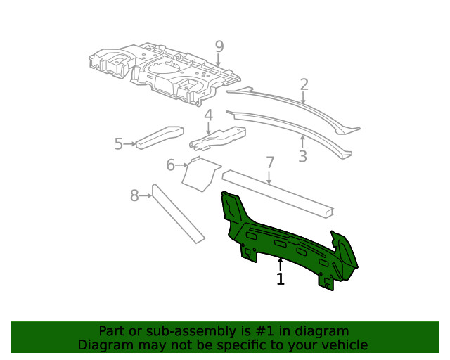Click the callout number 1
281,279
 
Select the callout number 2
304,85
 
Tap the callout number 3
302,156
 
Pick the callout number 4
209,115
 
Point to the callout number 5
119,144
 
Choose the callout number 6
170,165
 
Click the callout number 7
269,163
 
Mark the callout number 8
134,195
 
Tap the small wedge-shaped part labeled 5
159,137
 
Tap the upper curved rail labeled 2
295,105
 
